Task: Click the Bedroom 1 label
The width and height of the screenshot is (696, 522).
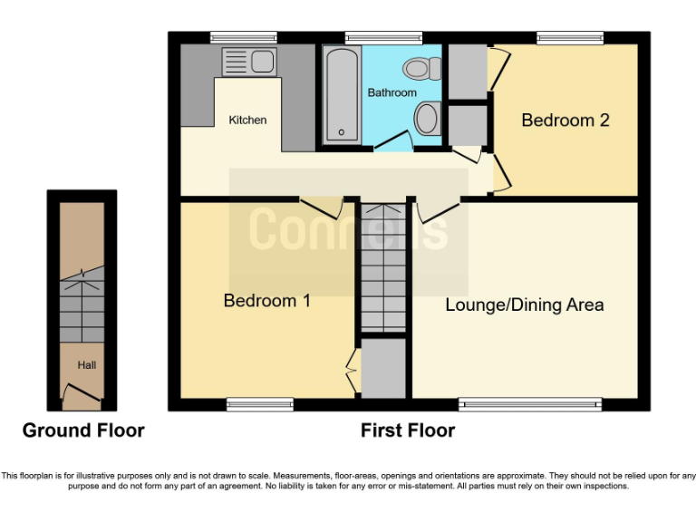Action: point(266,301)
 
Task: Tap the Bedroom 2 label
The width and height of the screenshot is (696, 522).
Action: point(565,120)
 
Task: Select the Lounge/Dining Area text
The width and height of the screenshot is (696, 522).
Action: point(524,304)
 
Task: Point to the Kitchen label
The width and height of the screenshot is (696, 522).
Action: point(247,120)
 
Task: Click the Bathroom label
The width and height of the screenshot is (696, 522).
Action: point(391,92)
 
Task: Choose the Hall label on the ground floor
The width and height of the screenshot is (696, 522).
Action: point(86,365)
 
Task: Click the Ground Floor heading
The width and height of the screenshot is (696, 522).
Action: point(83,430)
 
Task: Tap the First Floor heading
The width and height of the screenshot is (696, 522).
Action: point(408,430)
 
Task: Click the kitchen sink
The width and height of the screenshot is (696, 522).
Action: point(249,62)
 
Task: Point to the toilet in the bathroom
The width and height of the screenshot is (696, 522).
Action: point(421,68)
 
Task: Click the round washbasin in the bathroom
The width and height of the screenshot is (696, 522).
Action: point(427,119)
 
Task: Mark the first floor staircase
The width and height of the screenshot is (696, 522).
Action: point(382,267)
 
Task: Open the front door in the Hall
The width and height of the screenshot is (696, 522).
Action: point(82,391)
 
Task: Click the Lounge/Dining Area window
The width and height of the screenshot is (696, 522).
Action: point(530,404)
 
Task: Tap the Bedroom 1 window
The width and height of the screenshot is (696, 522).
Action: point(247,404)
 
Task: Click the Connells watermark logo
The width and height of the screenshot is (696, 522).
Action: point(348,228)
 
